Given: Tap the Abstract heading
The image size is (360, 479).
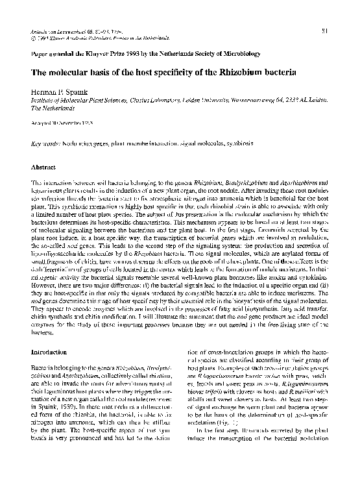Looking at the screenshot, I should (42, 167).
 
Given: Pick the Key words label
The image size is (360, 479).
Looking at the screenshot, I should (44, 141).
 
